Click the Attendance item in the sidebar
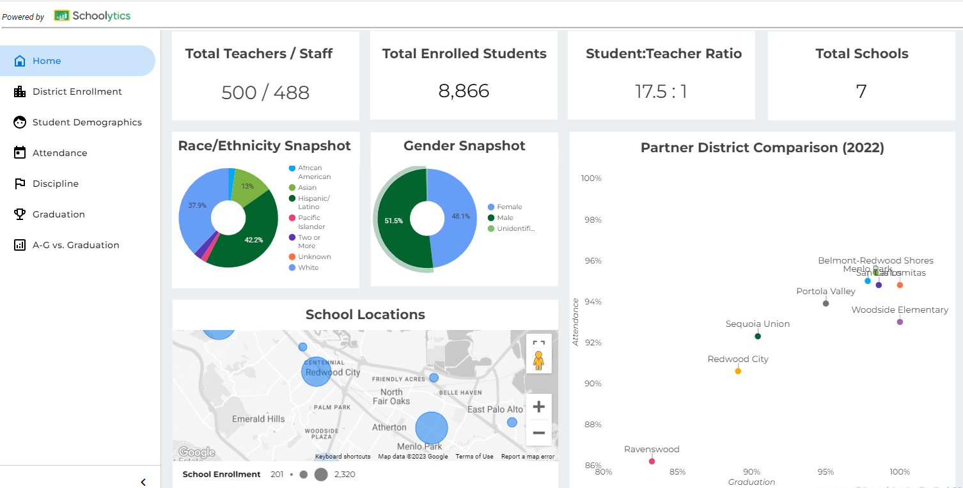(x=59, y=153)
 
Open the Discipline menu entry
(x=56, y=184)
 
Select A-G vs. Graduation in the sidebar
(x=75, y=245)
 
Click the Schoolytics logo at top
(x=93, y=16)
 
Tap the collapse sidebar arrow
(x=143, y=482)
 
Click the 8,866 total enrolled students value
(x=464, y=91)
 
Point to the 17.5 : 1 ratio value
(x=661, y=91)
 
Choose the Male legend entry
(x=505, y=217)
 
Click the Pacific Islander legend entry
(x=311, y=222)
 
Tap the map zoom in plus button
(x=538, y=407)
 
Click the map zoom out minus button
(x=538, y=433)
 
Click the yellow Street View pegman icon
(x=538, y=361)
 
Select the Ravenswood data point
(x=652, y=461)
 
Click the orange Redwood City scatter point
(x=738, y=371)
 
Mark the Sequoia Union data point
(x=758, y=336)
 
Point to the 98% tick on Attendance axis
(x=591, y=219)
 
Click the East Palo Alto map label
(x=495, y=409)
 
